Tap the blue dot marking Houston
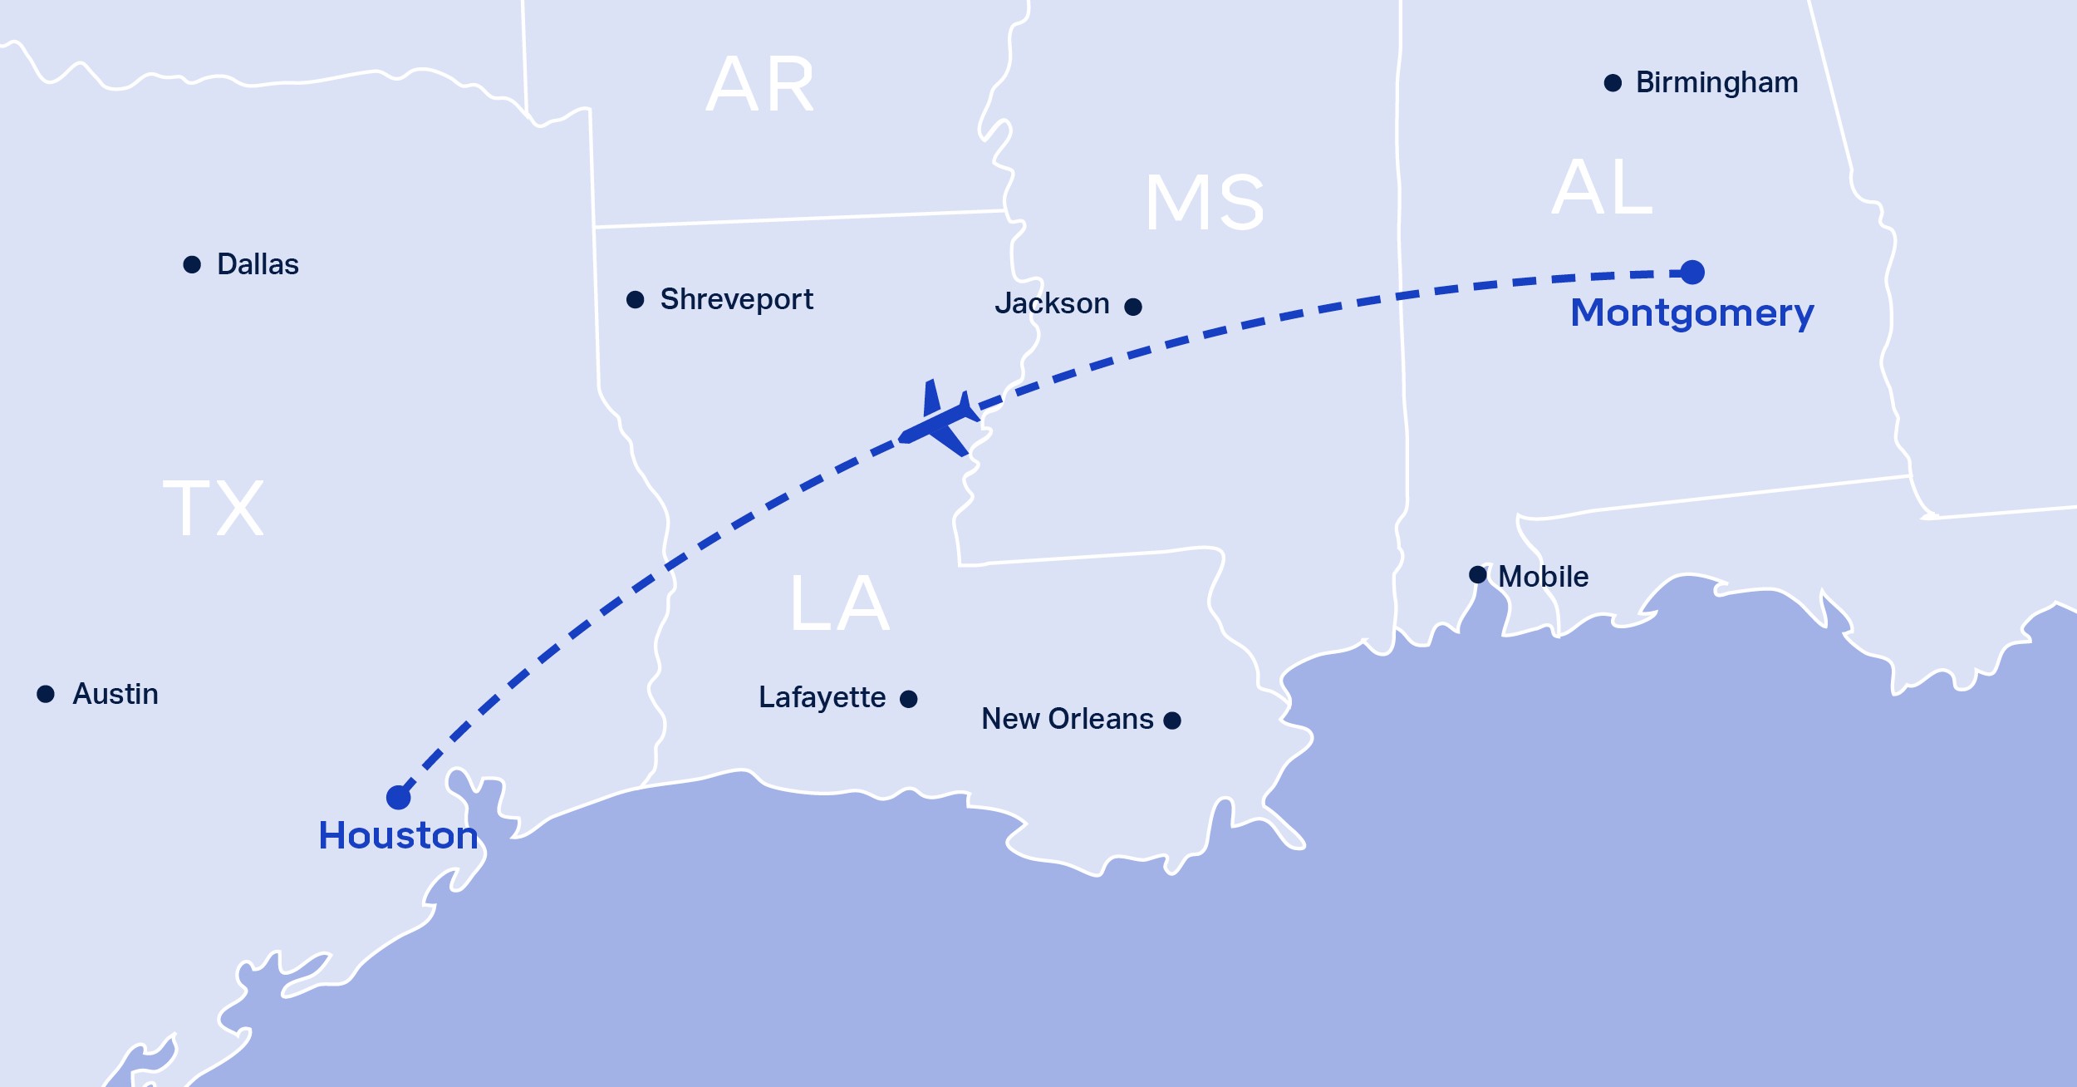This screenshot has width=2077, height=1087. point(399,797)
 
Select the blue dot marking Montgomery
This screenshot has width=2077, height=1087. point(1692,272)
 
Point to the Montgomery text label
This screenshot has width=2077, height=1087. point(1692,313)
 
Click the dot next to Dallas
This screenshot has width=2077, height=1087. point(192,264)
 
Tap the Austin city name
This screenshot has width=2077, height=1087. point(115,694)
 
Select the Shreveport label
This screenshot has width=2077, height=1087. point(736,299)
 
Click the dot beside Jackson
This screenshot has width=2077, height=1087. point(1133,307)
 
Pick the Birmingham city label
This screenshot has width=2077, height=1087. point(1716,82)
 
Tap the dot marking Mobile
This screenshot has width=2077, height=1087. point(1478,574)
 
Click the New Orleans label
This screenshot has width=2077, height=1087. point(1068,719)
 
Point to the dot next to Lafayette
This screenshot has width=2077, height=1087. point(909,699)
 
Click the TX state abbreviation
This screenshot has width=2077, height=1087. point(214,508)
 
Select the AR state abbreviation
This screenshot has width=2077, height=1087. point(760,84)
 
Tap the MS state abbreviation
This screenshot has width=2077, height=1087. point(1205,202)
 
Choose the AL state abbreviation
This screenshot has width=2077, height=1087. point(1602,188)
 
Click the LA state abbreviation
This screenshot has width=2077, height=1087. point(840,603)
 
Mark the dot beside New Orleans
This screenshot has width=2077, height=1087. point(1172,720)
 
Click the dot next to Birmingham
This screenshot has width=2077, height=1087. point(1613,83)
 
